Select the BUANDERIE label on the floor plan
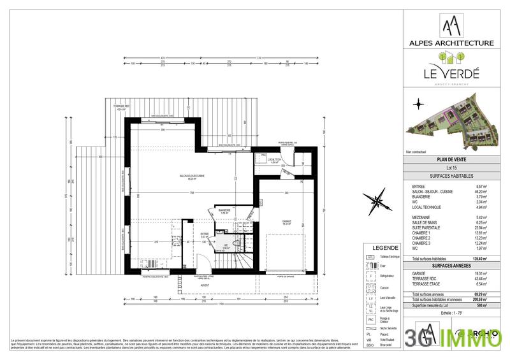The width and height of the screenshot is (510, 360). (224, 211)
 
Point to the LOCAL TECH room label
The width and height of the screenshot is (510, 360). (275, 161)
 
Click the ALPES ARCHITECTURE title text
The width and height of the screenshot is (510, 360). (451, 43)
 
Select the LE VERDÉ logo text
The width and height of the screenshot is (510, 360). (451, 75)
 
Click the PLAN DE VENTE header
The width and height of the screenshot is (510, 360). (450, 159)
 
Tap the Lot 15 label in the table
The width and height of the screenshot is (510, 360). (450, 167)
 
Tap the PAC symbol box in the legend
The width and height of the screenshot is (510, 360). (369, 319)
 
